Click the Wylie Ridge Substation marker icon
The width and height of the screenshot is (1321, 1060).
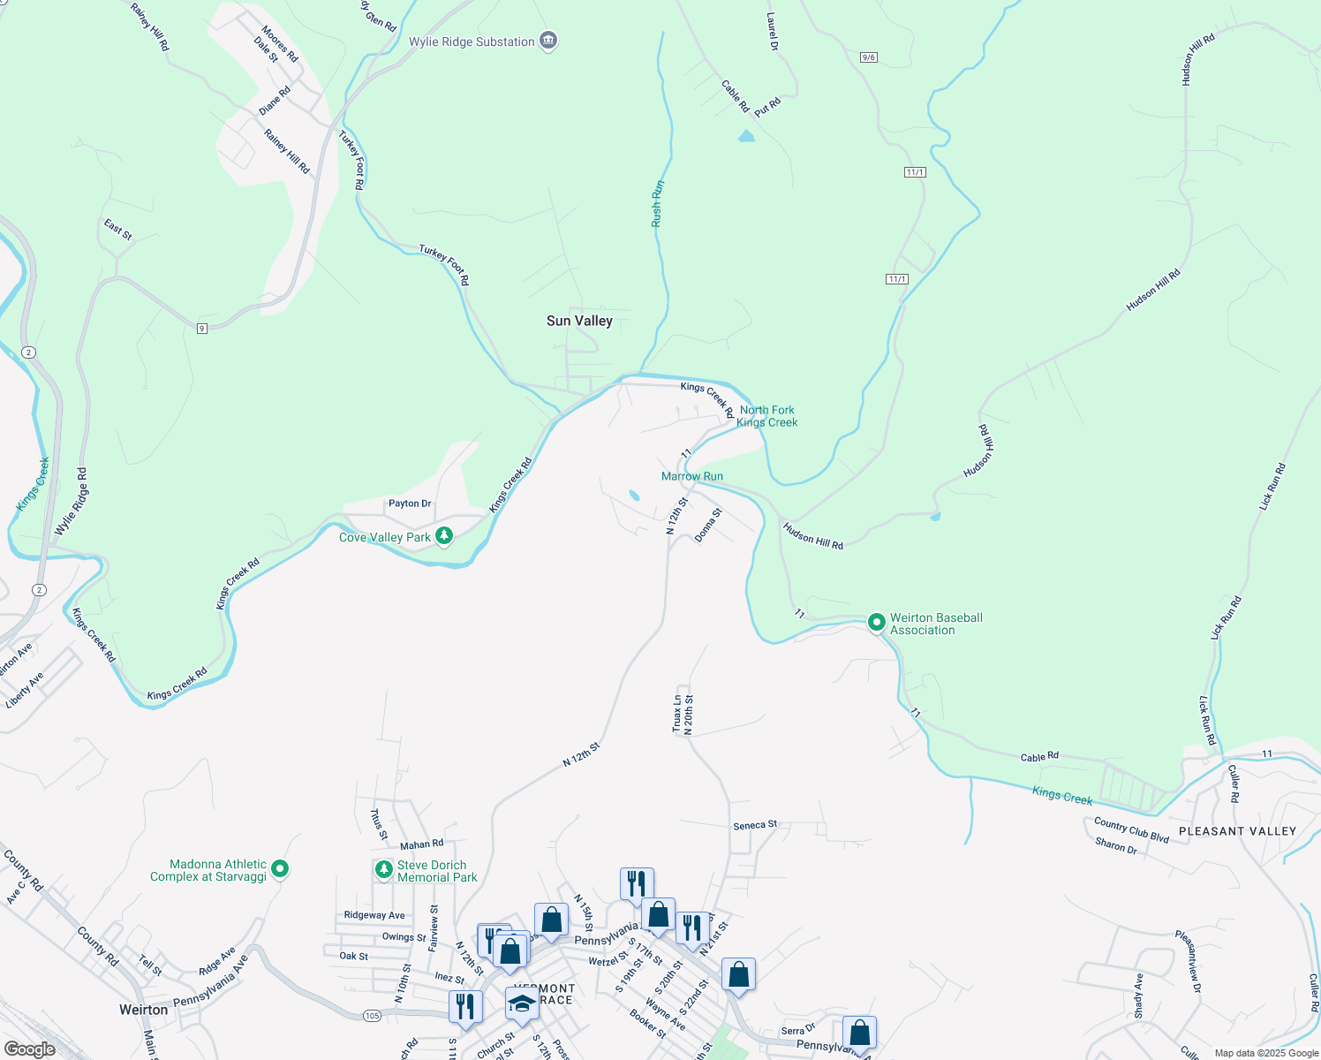click(548, 41)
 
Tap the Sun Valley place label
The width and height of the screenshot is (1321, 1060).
click(579, 321)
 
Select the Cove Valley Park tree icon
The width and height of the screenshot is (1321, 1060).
click(444, 536)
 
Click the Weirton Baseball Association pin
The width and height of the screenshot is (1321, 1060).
click(876, 623)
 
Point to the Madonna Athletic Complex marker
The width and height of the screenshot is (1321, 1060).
click(280, 869)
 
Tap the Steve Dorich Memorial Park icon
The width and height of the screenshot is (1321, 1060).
click(383, 870)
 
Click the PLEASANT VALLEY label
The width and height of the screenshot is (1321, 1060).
click(1237, 831)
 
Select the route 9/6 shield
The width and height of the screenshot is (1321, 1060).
click(868, 57)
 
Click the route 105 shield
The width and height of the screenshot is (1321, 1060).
click(372, 1016)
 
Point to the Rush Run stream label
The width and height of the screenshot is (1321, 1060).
click(657, 204)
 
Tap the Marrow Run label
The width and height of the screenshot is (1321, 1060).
click(692, 476)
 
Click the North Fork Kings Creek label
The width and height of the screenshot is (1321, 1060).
click(766, 416)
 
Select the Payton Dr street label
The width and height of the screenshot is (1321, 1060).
click(410, 503)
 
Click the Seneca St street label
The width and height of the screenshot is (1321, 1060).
click(755, 825)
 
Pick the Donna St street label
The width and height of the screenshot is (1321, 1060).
click(708, 525)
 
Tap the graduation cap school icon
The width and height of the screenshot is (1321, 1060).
click(522, 1004)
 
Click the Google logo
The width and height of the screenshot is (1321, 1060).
click(29, 1049)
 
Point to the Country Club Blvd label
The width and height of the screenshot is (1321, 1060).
click(1131, 829)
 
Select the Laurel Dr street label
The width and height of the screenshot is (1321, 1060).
click(773, 32)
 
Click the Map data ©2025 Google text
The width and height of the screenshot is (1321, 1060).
click(1265, 1053)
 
